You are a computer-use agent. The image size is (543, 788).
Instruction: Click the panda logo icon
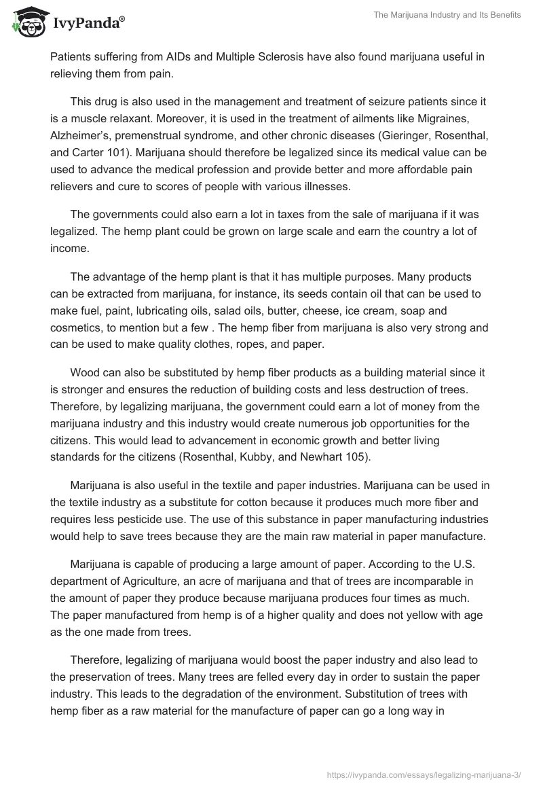(x=25, y=22)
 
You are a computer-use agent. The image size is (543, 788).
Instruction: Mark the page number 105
(x=355, y=456)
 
